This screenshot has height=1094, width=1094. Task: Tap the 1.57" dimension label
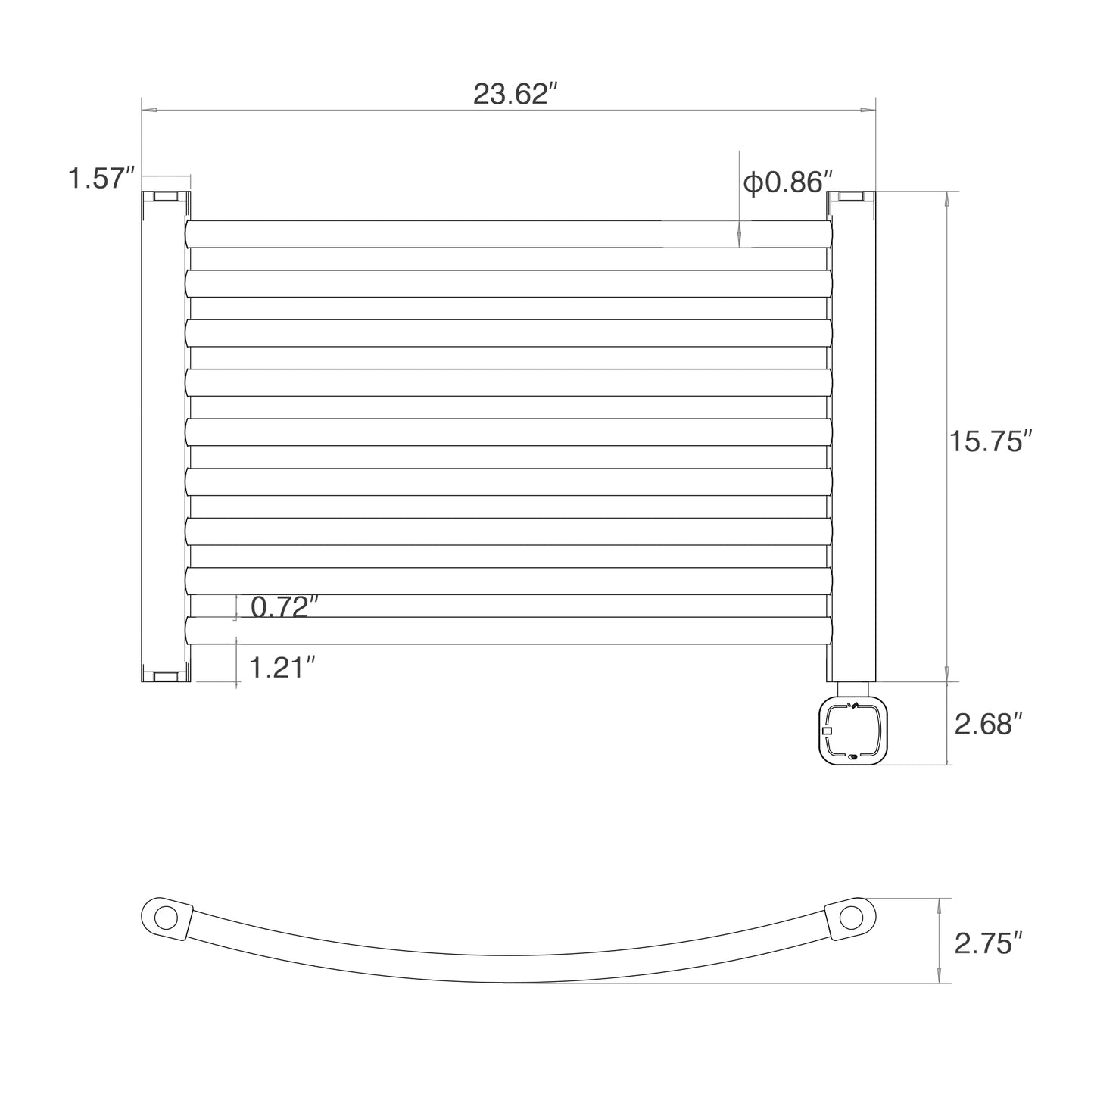click(x=101, y=178)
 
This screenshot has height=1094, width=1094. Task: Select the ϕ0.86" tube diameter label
click(x=787, y=182)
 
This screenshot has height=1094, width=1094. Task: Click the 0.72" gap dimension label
click(x=285, y=607)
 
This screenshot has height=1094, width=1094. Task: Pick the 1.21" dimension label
click(x=282, y=668)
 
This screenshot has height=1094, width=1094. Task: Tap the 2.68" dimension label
click(x=989, y=725)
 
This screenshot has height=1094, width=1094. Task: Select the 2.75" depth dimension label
click(x=989, y=943)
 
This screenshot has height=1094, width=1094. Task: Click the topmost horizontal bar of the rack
click(x=509, y=234)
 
